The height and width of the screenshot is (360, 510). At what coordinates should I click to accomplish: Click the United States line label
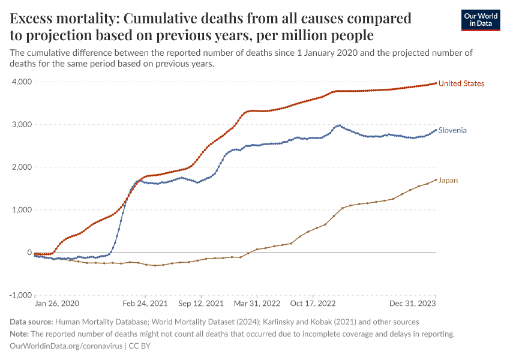[461, 83]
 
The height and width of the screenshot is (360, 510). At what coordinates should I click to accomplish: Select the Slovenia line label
[452, 130]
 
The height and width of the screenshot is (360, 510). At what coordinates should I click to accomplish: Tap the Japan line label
[448, 180]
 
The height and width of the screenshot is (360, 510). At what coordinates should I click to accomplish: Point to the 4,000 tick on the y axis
[21, 82]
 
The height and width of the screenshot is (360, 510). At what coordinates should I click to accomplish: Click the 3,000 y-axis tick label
[21, 124]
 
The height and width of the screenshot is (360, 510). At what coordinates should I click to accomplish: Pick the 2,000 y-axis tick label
[21, 167]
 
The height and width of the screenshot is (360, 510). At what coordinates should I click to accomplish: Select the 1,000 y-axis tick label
[21, 210]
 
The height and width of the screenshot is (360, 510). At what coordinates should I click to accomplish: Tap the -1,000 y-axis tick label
[20, 295]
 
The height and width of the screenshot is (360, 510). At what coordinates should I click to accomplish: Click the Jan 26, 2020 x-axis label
[56, 304]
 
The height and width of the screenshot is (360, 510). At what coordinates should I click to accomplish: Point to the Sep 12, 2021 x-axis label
[201, 304]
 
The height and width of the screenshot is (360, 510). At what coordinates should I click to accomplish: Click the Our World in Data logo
[481, 20]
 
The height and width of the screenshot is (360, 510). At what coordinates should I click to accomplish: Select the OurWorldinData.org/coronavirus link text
[67, 346]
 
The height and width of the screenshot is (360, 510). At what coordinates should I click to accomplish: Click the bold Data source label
[32, 322]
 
